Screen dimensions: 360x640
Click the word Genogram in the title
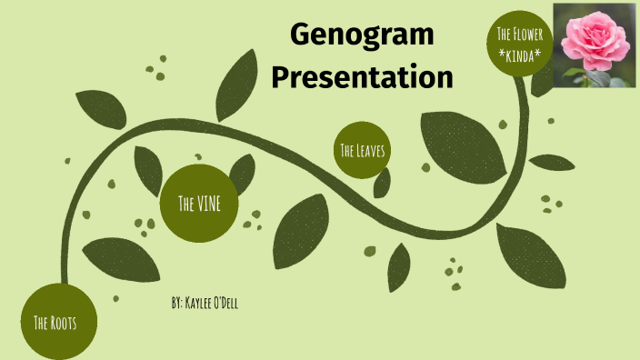point(362,37)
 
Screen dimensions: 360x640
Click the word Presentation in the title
point(362,77)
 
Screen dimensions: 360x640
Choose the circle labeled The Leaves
point(361,150)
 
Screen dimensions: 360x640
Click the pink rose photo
point(595,45)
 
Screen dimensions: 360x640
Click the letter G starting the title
point(301,37)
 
